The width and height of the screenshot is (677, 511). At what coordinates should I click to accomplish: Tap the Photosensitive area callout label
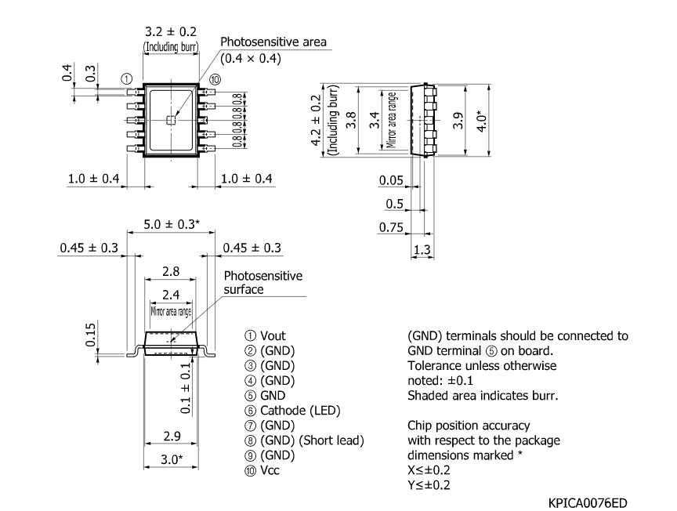click(x=273, y=42)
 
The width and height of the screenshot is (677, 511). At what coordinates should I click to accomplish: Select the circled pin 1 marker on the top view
click(x=126, y=79)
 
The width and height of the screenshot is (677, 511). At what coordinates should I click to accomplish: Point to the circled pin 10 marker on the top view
click(x=215, y=79)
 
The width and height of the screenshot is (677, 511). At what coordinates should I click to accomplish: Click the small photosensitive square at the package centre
click(x=171, y=119)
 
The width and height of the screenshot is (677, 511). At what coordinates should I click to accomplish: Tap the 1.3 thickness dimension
click(x=422, y=249)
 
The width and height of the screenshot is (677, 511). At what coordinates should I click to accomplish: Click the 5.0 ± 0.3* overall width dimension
click(x=171, y=224)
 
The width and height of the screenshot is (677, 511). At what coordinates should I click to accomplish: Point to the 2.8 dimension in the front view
click(x=171, y=270)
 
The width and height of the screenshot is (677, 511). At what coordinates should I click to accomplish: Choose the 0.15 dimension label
click(x=91, y=333)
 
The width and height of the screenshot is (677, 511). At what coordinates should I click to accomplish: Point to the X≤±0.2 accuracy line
click(x=429, y=470)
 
